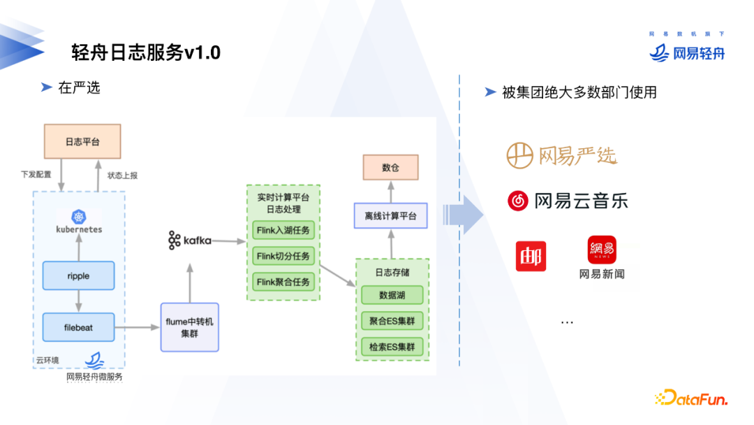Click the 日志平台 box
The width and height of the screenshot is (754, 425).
82,141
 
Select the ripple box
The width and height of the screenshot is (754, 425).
78,275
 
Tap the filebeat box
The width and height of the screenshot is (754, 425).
78,327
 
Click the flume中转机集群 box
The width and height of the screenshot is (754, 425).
190,327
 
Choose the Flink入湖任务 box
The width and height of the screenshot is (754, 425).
283,230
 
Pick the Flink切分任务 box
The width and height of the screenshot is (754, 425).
283,256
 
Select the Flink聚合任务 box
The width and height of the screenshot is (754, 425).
283,282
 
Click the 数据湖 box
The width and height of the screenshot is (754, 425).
392,295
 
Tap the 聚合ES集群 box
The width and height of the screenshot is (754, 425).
392,321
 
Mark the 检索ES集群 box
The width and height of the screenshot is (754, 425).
392,347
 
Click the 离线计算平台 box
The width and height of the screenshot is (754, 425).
390,216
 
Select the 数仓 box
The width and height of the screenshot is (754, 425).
390,168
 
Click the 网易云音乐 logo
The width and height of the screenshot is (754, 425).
568,201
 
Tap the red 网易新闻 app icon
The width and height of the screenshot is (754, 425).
601,250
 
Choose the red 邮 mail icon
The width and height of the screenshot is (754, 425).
531,256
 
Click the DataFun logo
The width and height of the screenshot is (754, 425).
691,398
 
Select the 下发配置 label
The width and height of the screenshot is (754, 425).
36,175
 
